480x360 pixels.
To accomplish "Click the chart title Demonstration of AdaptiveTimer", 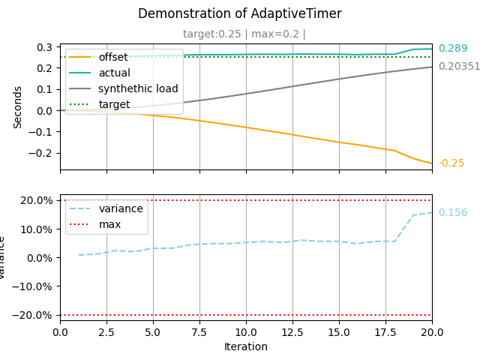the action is click(240, 13).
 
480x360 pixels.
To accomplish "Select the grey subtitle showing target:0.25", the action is click(211, 34).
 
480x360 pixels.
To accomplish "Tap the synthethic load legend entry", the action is click(123, 88).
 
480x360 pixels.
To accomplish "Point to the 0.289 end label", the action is click(453, 48).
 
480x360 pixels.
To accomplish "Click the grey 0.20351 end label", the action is click(459, 67).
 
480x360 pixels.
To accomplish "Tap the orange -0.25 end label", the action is click(451, 163).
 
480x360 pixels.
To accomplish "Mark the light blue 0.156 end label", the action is click(453, 212).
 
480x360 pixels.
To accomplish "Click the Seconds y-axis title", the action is click(17, 107).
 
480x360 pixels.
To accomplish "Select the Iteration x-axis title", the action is click(246, 346).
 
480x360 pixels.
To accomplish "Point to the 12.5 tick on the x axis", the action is click(292, 332).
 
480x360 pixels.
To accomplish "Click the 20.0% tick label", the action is click(37, 200).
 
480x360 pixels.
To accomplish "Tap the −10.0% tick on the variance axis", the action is click(32, 286).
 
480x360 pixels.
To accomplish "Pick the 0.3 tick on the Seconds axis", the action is click(44, 47).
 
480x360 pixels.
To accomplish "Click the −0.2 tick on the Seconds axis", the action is click(40, 153).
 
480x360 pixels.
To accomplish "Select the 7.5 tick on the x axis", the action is click(199, 332).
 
